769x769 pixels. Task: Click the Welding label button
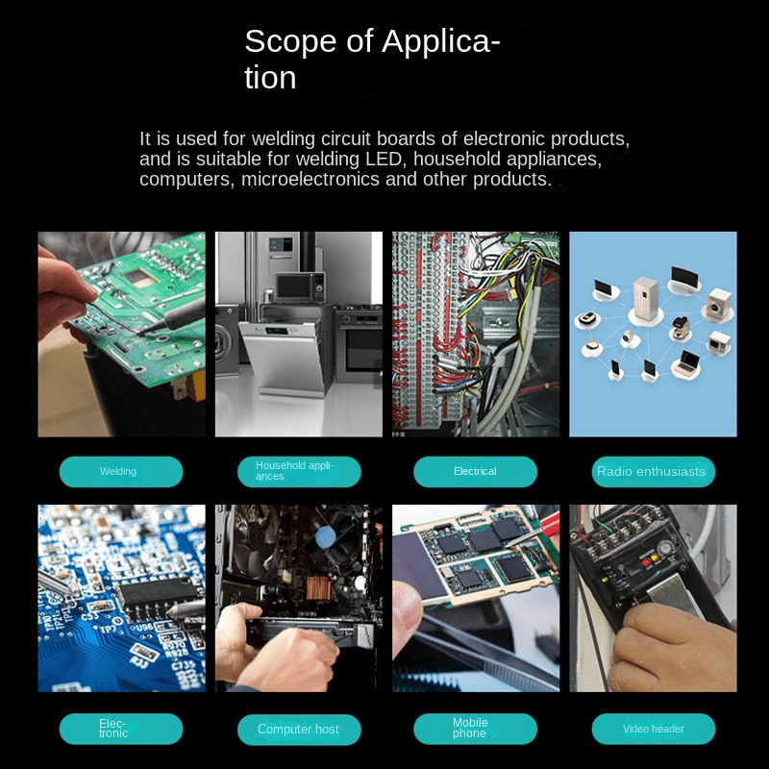point(121,472)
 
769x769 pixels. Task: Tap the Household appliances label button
point(299,472)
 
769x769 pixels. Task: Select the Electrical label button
point(475,472)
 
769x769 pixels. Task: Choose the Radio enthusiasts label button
point(654,472)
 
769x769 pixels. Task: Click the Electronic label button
point(121,729)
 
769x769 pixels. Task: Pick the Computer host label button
point(299,730)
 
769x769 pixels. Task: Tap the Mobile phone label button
point(475,729)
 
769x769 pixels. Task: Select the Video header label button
point(654,729)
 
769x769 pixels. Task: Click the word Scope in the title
point(291,41)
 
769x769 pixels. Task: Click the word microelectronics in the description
point(310,179)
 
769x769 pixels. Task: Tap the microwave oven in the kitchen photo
point(299,286)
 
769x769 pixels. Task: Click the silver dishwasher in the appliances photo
point(282,358)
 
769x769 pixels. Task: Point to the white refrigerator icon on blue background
point(645,298)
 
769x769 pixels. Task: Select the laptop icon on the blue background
point(686,363)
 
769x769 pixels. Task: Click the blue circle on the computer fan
point(325,537)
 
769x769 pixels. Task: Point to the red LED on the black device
point(646,562)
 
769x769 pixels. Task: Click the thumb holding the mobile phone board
point(407,608)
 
